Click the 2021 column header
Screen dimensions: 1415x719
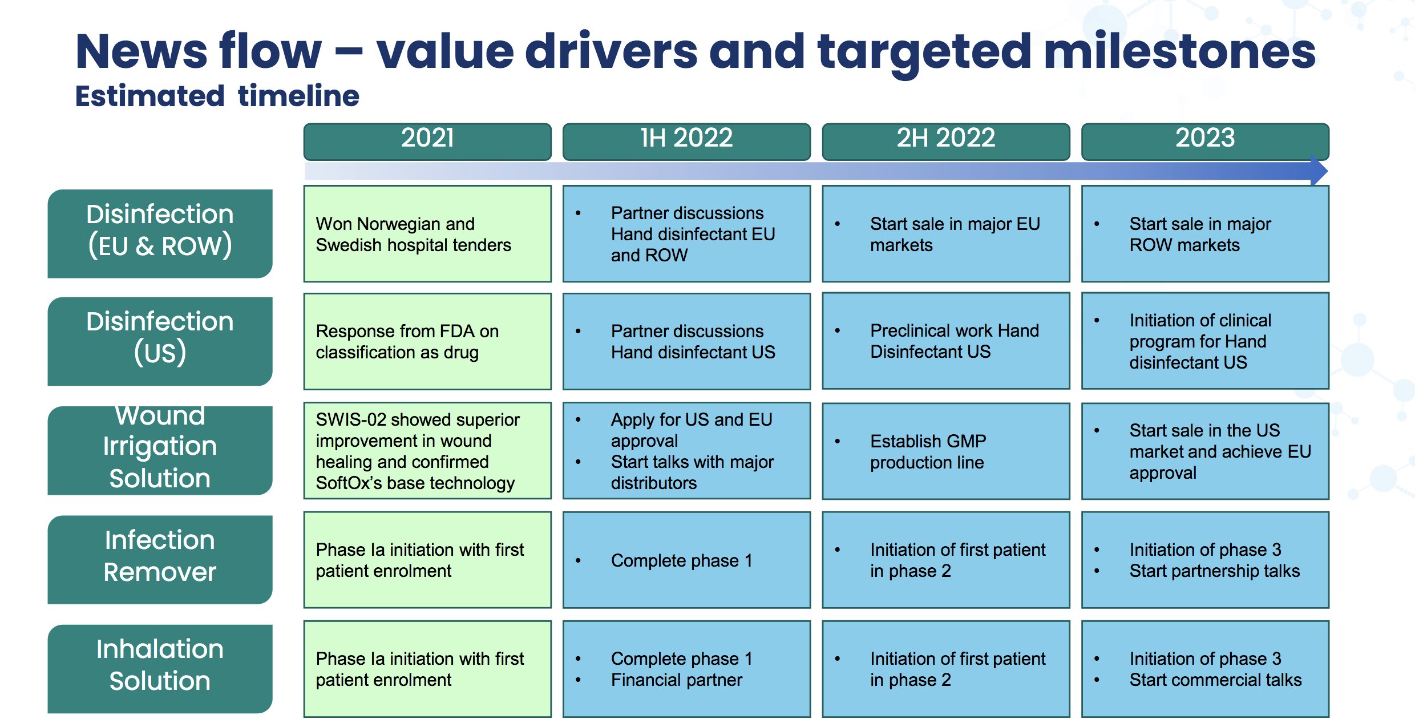[x=427, y=141]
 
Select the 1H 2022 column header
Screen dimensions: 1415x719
[x=686, y=141]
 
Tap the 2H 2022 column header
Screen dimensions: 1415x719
[x=946, y=141]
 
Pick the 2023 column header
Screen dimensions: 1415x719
[x=1205, y=141]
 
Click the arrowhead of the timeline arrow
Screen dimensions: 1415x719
[x=1319, y=171]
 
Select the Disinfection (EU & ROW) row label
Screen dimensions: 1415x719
[x=160, y=233]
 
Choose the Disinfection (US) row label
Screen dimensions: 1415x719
[x=160, y=341]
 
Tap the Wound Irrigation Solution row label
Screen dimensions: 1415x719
[x=160, y=450]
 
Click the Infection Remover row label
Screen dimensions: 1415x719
[x=160, y=560]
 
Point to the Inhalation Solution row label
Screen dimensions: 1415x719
[x=160, y=669]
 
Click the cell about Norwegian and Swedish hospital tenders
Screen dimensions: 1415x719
[x=427, y=234]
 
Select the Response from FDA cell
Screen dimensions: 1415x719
[x=427, y=341]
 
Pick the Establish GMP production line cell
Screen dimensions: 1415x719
[x=946, y=451]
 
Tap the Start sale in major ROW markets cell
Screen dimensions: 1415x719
[x=1205, y=234]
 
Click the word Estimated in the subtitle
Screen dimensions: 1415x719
[x=150, y=96]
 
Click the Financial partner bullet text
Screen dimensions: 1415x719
[x=677, y=680]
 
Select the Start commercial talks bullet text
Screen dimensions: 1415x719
[x=1216, y=680]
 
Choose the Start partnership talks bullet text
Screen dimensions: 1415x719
[x=1215, y=571]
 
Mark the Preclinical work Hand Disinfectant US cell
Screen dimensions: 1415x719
[x=946, y=341]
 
